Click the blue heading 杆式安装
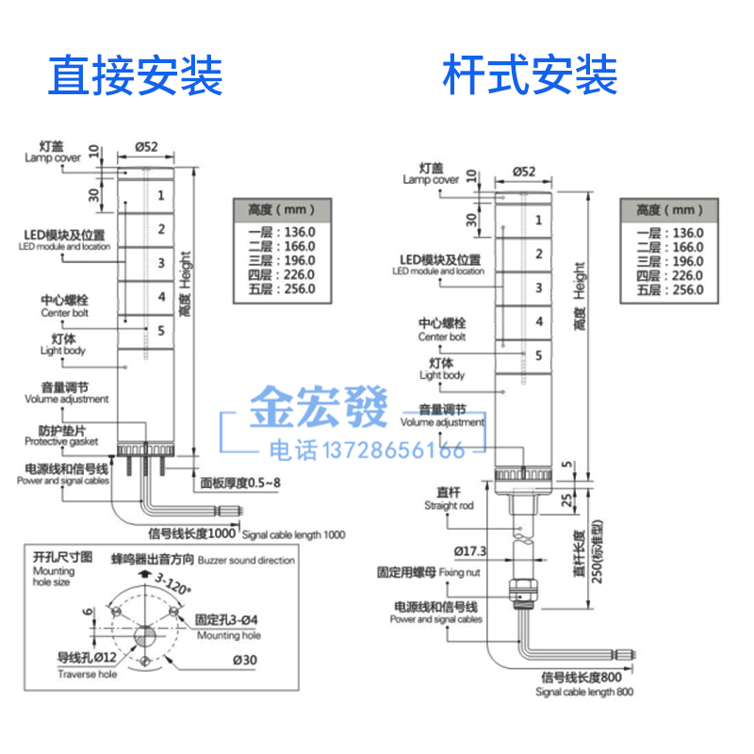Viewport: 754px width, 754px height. tap(531, 75)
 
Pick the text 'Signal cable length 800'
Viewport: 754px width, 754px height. tap(584, 692)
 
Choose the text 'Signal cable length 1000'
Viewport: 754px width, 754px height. tap(294, 534)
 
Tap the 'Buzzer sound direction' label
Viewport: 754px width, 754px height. tap(247, 560)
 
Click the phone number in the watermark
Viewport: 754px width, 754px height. tap(367, 450)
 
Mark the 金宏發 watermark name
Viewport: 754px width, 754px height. tap(319, 409)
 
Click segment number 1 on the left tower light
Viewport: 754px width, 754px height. tap(161, 195)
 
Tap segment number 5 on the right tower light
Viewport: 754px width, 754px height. tap(538, 354)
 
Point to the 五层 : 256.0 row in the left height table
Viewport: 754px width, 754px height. tap(282, 288)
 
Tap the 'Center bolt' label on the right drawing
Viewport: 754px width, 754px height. tap(442, 330)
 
